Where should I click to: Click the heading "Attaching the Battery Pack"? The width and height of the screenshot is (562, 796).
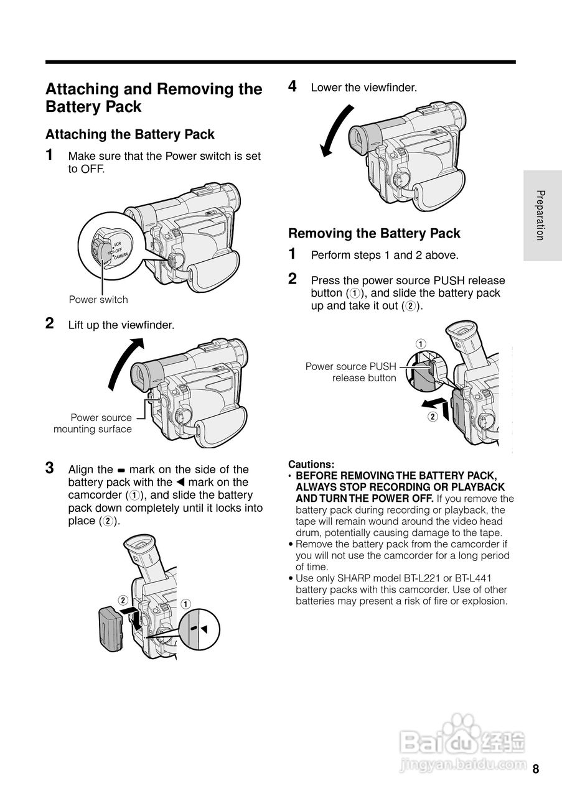click(129, 134)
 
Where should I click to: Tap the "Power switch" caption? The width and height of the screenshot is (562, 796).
click(98, 300)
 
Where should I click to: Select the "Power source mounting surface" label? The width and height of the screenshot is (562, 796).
click(93, 423)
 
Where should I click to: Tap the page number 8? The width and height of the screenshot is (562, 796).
click(535, 769)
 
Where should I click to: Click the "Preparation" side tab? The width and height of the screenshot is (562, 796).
click(541, 215)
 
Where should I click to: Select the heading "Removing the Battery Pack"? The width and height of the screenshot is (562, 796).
click(374, 234)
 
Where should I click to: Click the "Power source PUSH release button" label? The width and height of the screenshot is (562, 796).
click(352, 372)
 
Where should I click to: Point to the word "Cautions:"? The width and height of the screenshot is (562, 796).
click(311, 464)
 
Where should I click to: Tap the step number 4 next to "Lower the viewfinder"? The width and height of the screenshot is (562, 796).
click(293, 86)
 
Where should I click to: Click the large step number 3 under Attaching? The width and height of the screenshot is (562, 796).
click(50, 468)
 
